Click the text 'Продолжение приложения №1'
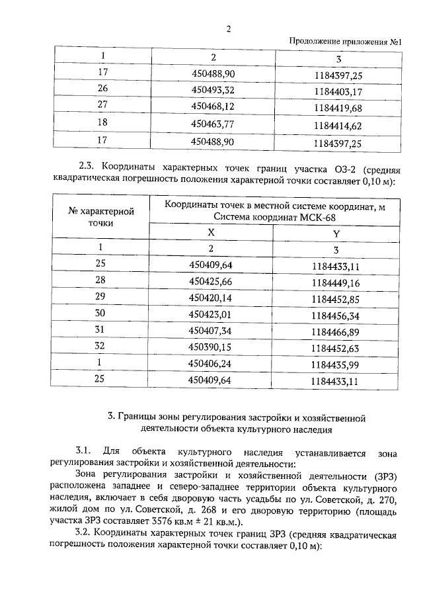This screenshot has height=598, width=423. (x=346, y=42)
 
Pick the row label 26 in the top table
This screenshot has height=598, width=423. (x=102, y=89)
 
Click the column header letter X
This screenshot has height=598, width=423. (x=211, y=233)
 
